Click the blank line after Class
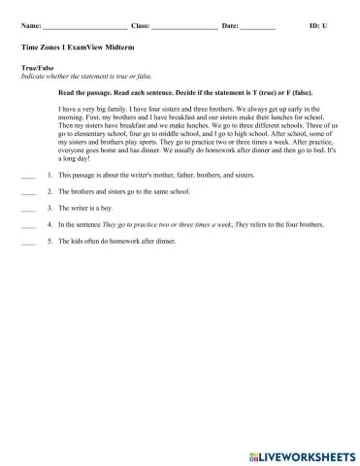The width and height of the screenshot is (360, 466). tap(184, 27)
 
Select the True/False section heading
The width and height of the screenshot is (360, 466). tap(37, 68)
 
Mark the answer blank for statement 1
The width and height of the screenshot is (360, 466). tap(27, 177)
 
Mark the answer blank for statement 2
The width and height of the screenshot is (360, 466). tap(27, 192)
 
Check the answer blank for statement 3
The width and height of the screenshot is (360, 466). tap(27, 208)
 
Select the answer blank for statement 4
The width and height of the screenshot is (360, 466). tap(27, 223)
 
